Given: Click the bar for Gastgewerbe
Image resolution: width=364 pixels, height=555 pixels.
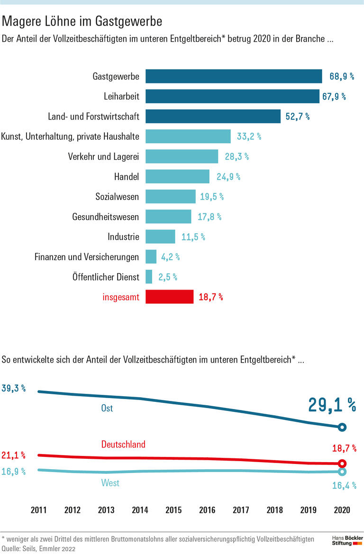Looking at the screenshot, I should point(234,76).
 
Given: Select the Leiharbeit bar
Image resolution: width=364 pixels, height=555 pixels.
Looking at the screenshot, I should point(232,96).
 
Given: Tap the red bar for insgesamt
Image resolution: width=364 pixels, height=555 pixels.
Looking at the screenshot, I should point(169,297).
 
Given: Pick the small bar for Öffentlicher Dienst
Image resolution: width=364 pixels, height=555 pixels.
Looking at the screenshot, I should point(149,277).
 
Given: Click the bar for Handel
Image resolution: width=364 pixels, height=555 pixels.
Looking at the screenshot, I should point(177,177).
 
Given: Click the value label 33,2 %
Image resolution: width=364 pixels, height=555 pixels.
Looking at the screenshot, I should point(249,136).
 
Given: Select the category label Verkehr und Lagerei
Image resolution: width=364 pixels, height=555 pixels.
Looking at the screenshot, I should point(104,157).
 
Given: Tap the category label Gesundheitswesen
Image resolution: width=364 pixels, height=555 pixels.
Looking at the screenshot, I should point(106,217).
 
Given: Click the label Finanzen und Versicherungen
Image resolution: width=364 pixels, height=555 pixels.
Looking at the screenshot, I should point(87,257).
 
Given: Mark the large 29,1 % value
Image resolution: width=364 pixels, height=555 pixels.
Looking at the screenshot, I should point(332,405).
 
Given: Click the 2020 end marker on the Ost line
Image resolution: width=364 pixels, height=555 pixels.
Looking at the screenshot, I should point(342,428).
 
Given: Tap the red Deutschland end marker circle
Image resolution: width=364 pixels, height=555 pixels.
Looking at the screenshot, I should point(342,464).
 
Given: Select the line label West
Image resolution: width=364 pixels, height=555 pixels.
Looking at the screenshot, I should point(110,483).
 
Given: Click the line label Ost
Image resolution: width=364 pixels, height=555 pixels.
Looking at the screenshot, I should point(107,408).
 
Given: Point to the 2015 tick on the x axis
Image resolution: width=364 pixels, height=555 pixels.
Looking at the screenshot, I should point(173,510).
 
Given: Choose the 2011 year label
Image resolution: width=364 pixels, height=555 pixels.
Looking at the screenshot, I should point(38,510).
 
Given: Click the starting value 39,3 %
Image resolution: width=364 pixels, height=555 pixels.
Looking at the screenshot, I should point(14,388).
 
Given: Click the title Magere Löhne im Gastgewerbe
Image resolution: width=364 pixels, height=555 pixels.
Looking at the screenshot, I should point(82,21).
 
